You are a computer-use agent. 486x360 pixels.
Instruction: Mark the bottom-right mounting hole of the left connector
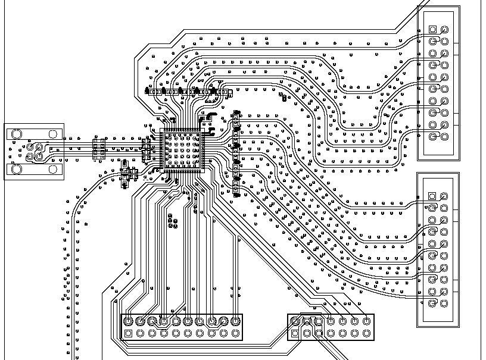[52, 170]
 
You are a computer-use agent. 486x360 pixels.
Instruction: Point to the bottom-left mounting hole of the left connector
[17, 170]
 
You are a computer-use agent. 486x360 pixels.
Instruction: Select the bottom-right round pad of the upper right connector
[444, 136]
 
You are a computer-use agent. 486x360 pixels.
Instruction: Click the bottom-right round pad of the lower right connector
[444, 303]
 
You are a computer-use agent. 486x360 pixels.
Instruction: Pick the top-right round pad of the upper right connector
[444, 29]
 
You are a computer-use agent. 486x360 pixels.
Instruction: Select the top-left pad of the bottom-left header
[128, 321]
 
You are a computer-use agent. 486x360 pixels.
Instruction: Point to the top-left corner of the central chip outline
[161, 129]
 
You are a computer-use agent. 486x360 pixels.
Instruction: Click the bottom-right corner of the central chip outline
[204, 172]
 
